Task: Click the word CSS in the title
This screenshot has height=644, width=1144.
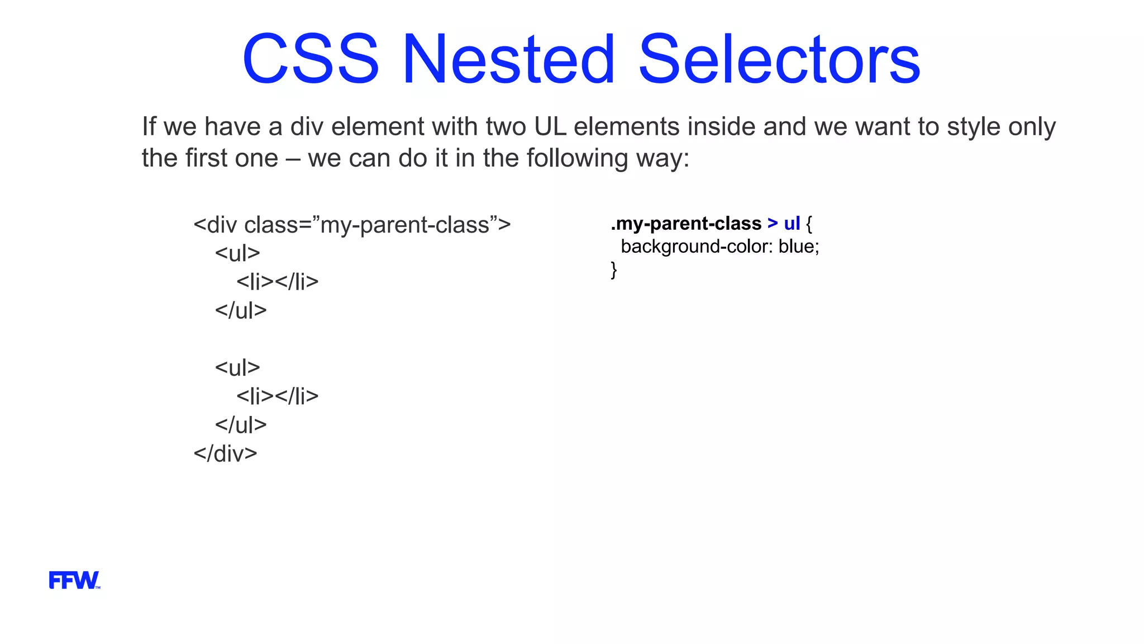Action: tap(311, 59)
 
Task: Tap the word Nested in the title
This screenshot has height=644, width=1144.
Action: tap(508, 59)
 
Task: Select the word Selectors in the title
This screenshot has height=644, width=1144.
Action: tap(779, 59)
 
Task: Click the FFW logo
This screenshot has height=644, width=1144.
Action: tap(74, 580)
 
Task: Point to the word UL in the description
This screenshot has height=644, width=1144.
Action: tap(550, 127)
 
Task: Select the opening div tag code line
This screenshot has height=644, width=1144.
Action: tap(352, 225)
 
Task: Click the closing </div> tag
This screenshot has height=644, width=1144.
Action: tap(225, 453)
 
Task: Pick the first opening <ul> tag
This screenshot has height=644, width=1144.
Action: tap(237, 253)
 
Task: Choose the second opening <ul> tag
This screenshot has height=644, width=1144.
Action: tap(237, 368)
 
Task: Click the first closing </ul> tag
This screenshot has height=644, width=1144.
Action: tap(241, 310)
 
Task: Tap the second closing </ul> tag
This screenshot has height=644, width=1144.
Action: tap(241, 425)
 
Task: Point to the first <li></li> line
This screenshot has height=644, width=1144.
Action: tap(277, 282)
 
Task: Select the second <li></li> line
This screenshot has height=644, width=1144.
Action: tap(277, 396)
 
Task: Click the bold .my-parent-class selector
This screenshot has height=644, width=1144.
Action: tap(686, 224)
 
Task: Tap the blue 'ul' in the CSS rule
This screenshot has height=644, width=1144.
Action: tap(792, 224)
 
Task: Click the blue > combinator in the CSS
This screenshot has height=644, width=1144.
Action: tap(773, 224)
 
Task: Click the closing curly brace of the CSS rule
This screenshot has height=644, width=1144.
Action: tap(614, 270)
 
